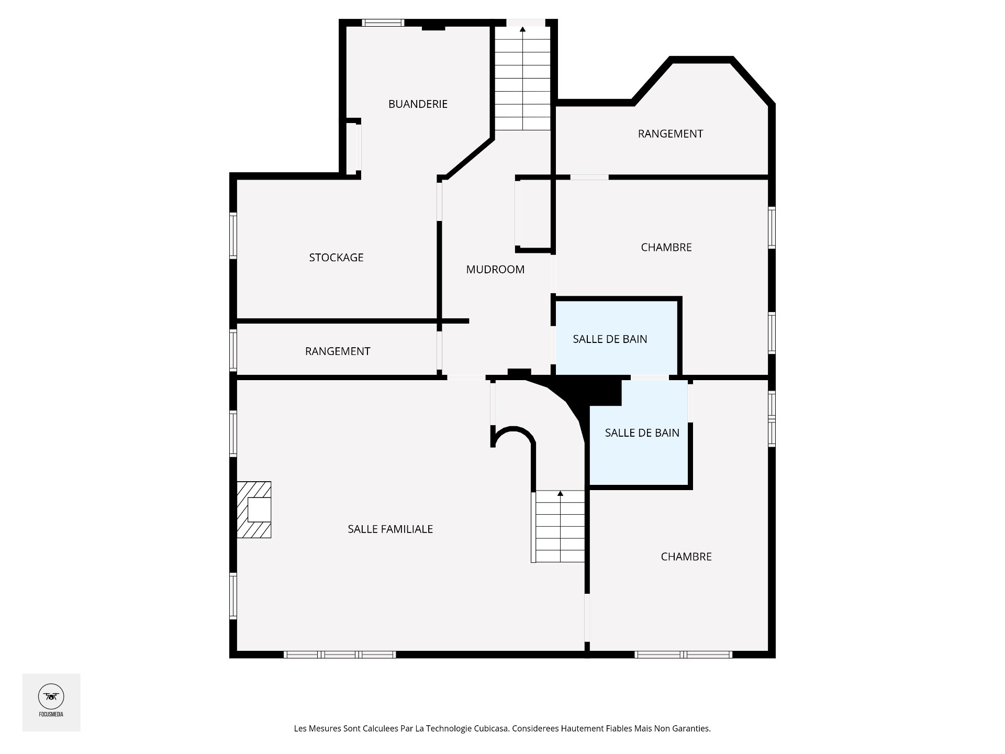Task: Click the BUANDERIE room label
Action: [x=418, y=104]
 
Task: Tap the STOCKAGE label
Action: [x=336, y=258]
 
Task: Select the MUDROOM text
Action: [x=495, y=270]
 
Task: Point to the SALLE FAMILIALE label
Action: [x=390, y=529]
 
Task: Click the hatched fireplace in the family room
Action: [x=254, y=509]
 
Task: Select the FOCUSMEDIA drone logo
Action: [x=51, y=696]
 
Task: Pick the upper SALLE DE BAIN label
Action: [x=610, y=339]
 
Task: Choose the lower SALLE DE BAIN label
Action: [x=642, y=433]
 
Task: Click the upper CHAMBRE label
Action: [x=666, y=247]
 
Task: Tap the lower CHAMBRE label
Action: [x=686, y=557]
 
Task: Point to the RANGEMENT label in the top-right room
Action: [x=671, y=134]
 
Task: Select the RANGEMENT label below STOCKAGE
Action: [x=338, y=351]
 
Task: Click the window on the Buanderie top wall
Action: [x=384, y=23]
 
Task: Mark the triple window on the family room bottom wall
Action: [x=340, y=655]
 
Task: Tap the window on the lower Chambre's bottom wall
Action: [x=683, y=655]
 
